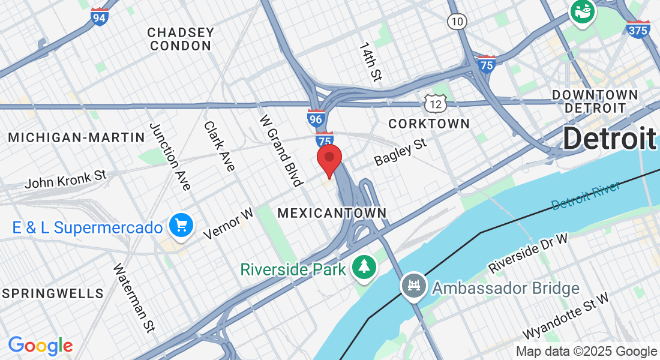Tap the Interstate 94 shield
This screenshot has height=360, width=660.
point(100,17)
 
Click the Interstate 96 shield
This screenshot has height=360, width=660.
point(316,118)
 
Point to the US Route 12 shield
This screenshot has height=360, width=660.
point(436,103)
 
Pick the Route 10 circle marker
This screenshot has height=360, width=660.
point(457,22)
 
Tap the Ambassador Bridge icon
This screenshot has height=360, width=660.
point(413,285)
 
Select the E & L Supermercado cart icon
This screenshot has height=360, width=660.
point(181,226)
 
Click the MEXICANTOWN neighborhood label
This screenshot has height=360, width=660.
point(332,213)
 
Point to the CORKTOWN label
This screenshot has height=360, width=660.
point(429,124)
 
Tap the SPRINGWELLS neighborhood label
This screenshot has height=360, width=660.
point(53,293)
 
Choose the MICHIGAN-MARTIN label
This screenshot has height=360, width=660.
point(77,137)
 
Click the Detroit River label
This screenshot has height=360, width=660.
point(585,196)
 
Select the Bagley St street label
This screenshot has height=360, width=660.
point(400,152)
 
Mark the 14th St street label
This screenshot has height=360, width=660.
point(370,62)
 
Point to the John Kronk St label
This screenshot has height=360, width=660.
point(65,178)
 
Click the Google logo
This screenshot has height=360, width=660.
point(40,346)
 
